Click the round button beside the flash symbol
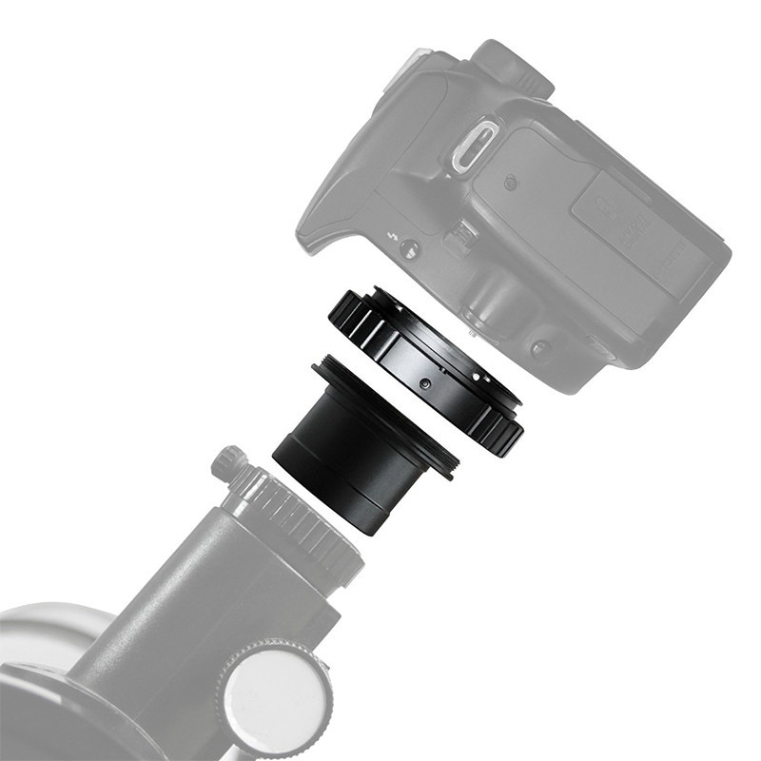(409, 249)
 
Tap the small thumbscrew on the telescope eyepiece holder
(227, 462)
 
